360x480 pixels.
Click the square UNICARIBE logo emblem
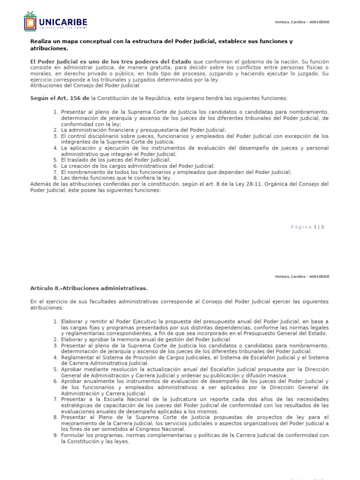(30, 22)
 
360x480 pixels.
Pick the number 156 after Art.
(83, 98)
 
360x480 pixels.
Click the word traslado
(79, 160)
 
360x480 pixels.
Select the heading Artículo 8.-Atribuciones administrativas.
(89, 288)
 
